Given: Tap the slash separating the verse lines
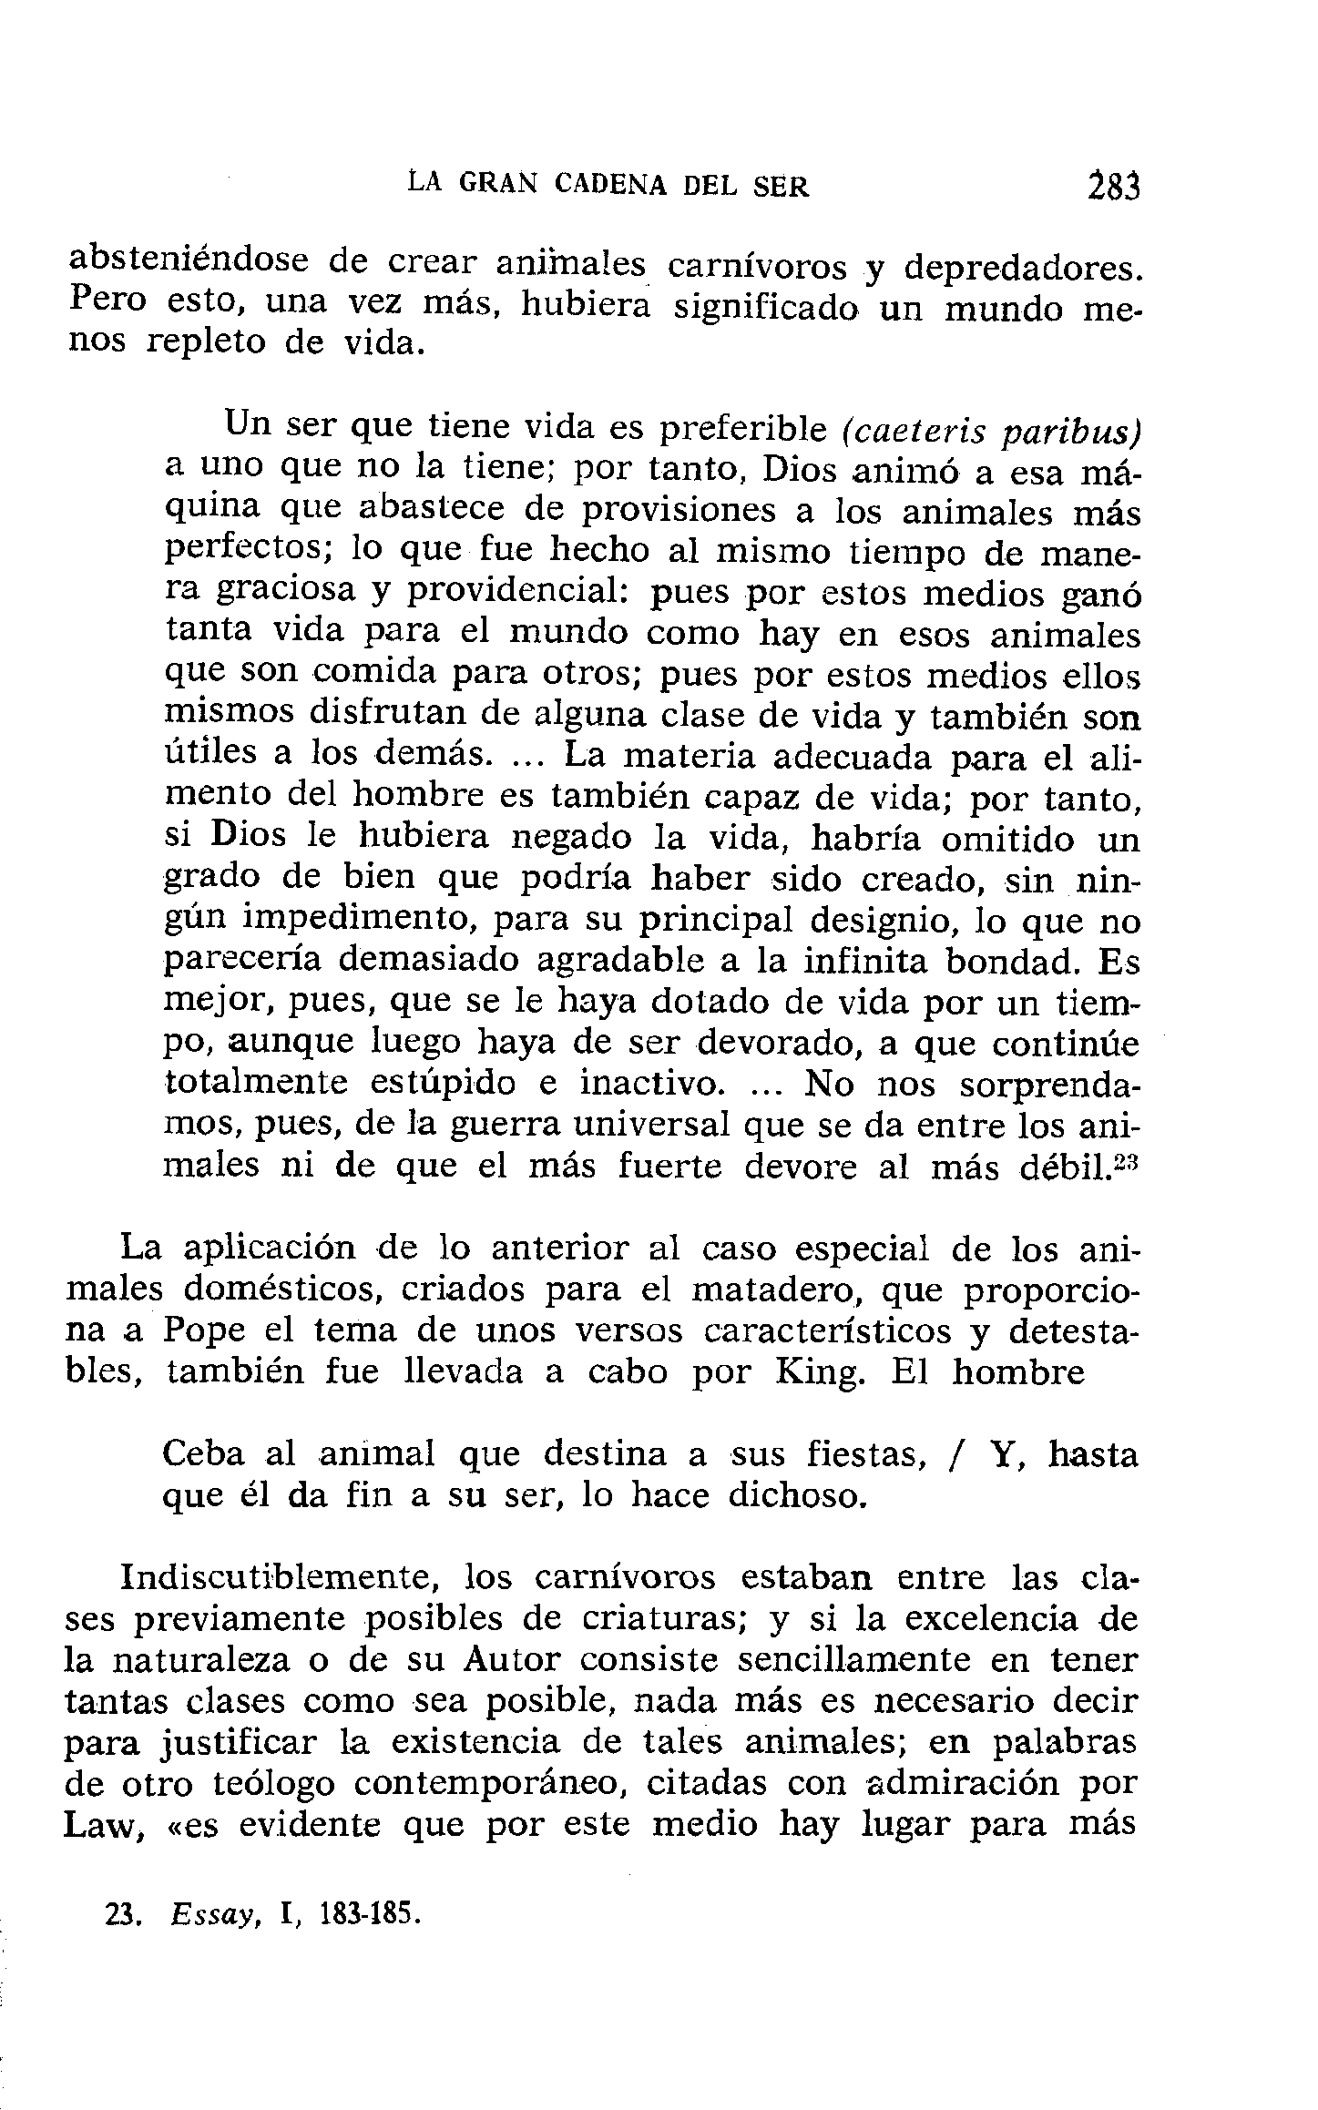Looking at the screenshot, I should (x=954, y=1455).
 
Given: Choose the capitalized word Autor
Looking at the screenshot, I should (x=510, y=1660).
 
